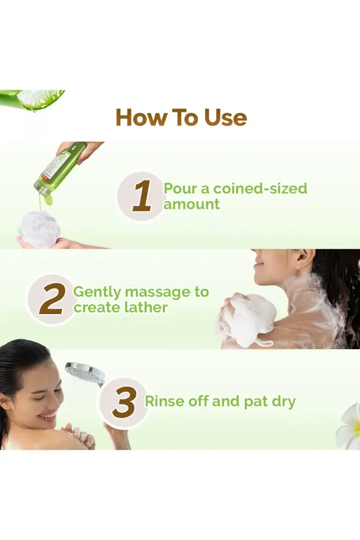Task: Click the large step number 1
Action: [x=142, y=197]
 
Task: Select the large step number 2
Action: [x=51, y=299]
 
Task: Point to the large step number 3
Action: [x=124, y=401]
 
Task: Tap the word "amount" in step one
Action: [x=191, y=204]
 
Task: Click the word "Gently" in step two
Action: [x=97, y=292]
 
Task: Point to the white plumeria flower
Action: [x=349, y=428]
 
